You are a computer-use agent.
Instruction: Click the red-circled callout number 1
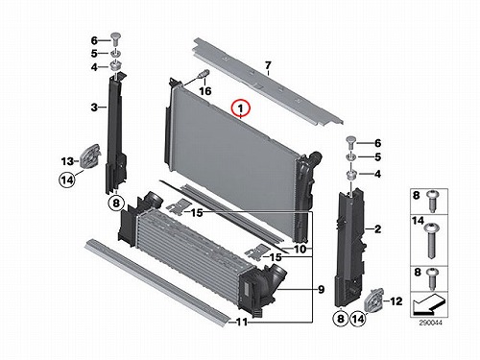pos(241,108)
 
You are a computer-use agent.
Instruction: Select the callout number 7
pos(268,65)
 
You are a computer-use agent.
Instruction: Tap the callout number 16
pos(205,91)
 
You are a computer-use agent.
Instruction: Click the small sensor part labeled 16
pos(204,74)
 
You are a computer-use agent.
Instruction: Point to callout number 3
pos(94,108)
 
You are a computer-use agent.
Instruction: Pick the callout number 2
pos(377,229)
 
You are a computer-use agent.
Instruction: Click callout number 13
pos(67,161)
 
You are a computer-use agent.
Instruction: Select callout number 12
pos(396,301)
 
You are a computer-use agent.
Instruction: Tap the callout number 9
pos(321,290)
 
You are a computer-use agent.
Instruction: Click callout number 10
pos(300,249)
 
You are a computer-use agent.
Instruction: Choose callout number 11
pos(242,322)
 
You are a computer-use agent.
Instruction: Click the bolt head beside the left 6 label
pos(114,38)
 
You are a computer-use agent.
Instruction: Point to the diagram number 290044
pos(430,324)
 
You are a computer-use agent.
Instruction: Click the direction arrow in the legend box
pos(428,305)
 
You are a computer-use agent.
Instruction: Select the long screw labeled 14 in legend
pos(432,240)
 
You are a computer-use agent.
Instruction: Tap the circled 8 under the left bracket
pos(116,203)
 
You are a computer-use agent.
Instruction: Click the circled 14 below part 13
pos(67,180)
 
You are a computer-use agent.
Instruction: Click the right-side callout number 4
pos(377,174)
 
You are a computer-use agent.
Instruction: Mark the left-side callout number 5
pos(94,53)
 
